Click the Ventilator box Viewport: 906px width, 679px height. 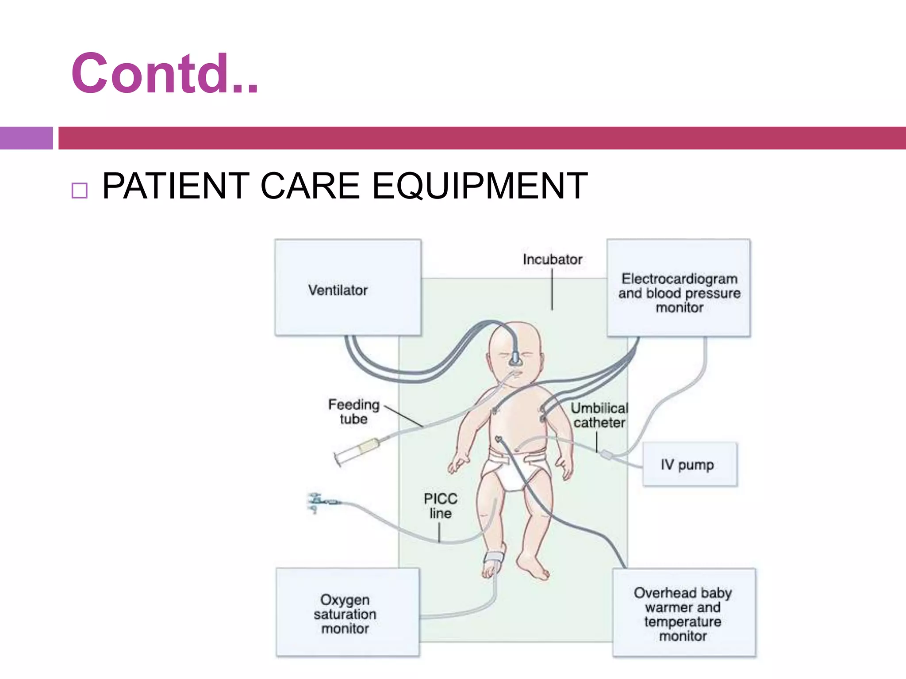[348, 287]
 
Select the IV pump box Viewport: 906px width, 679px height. [689, 464]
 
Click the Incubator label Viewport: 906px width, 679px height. [552, 259]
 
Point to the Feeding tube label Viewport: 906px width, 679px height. [353, 412]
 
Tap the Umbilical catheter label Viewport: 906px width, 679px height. [599, 415]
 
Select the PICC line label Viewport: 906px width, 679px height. [440, 506]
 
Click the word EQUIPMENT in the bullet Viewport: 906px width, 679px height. [480, 186]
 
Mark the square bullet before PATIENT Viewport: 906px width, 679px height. [79, 191]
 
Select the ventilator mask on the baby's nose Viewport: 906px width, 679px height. [514, 358]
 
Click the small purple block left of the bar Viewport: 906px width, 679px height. [26, 138]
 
